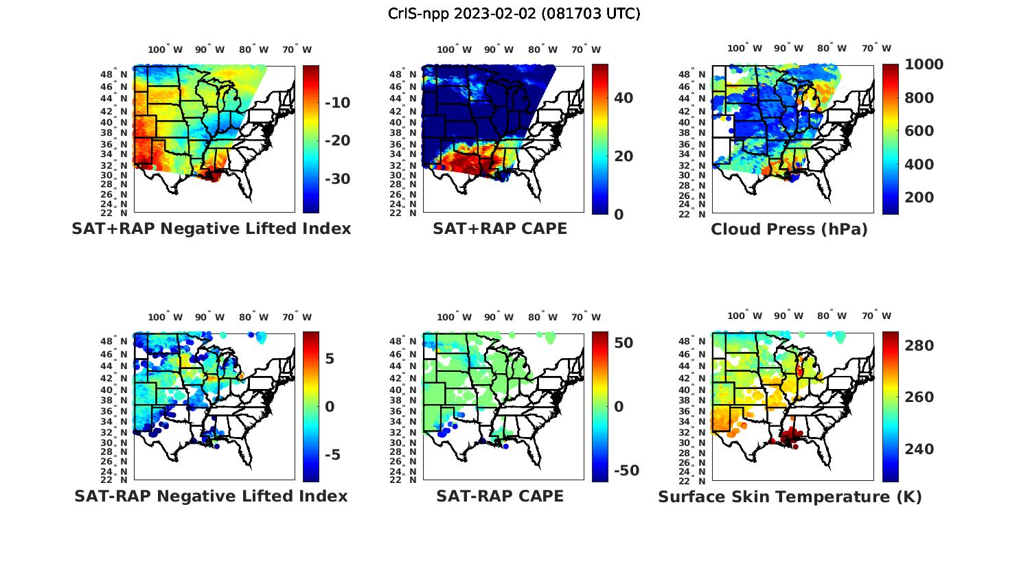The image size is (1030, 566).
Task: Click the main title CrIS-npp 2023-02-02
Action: [514, 13]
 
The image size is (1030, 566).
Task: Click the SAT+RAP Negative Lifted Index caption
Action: [211, 228]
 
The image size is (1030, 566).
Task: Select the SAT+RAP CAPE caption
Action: [500, 228]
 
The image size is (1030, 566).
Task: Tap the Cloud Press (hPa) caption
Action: [789, 229]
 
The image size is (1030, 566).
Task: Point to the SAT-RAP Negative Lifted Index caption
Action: [211, 496]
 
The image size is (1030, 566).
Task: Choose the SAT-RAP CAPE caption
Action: [500, 496]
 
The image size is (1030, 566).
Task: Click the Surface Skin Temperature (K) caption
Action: [790, 497]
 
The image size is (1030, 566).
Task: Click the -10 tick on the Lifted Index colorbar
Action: [337, 103]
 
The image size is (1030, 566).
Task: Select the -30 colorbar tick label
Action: [337, 179]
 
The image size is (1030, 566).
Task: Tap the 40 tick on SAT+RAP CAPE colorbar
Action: [623, 98]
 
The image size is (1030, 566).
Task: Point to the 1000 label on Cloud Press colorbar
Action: [924, 64]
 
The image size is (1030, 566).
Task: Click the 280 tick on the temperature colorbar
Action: [919, 346]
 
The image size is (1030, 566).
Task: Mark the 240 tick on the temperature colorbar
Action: [919, 449]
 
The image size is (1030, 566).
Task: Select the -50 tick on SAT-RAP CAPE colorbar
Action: [625, 471]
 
